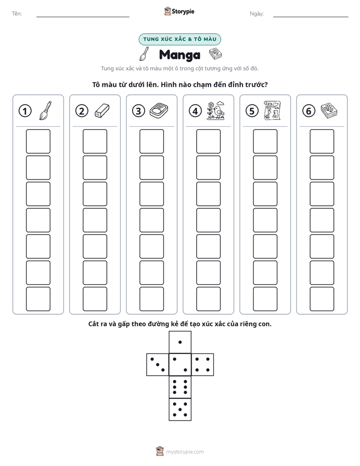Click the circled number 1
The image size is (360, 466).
click(x=25, y=111)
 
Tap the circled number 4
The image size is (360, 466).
click(x=195, y=111)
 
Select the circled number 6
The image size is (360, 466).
click(x=309, y=111)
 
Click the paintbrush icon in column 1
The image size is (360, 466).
click(x=45, y=110)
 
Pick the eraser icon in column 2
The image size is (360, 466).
click(x=102, y=110)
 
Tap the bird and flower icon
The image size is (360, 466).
click(x=216, y=110)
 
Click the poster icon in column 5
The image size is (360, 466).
click(x=272, y=110)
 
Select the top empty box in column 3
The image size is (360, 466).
click(x=151, y=141)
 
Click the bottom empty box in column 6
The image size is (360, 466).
click(x=322, y=299)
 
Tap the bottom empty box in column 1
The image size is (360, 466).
click(x=38, y=299)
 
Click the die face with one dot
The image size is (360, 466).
click(x=180, y=342)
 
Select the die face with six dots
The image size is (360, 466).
click(x=180, y=387)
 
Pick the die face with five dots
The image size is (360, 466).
click(x=180, y=409)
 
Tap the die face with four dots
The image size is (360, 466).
click(x=203, y=364)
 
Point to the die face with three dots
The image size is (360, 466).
click(x=158, y=364)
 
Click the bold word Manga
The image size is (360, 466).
click(x=179, y=55)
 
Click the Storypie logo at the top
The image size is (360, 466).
click(x=179, y=11)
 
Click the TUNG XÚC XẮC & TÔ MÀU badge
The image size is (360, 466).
click(x=179, y=39)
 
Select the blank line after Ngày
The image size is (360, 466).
click(x=311, y=17)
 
